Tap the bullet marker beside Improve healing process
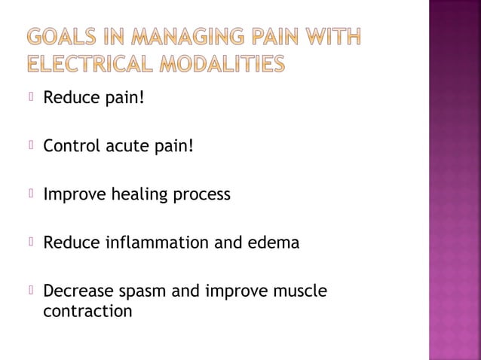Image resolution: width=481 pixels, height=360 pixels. tap(31, 194)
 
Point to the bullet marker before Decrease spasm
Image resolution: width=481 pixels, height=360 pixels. tap(31, 291)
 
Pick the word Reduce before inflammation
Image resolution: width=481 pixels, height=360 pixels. tap(66, 243)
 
